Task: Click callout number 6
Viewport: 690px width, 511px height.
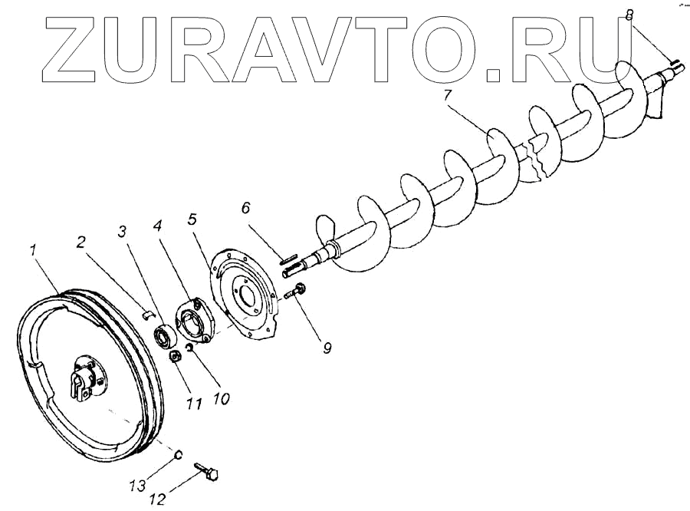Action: pos(246,208)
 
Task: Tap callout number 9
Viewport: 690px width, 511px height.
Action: pos(326,348)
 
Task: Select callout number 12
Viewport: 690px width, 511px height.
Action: pos(156,499)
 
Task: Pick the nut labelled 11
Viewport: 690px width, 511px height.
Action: pos(176,356)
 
